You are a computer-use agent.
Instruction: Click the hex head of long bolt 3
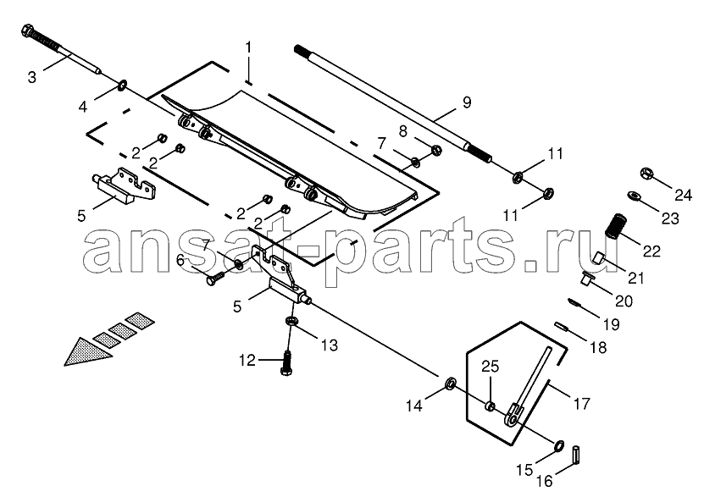click(x=26, y=30)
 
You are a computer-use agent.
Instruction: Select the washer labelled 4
click(x=122, y=84)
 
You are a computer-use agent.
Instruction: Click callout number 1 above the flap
click(x=248, y=47)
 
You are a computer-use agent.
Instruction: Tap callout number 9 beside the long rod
click(x=467, y=102)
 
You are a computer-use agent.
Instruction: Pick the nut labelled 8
click(x=435, y=150)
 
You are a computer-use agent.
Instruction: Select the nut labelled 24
click(x=646, y=173)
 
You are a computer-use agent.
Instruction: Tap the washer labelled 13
click(x=291, y=321)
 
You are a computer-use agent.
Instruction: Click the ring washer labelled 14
click(x=450, y=384)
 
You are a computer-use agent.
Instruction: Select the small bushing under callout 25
click(x=491, y=407)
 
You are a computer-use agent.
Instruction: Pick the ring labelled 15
click(x=559, y=445)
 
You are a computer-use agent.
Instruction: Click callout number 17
click(x=581, y=403)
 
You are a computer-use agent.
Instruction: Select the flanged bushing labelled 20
click(x=585, y=279)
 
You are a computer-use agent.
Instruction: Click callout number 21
click(x=635, y=278)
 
